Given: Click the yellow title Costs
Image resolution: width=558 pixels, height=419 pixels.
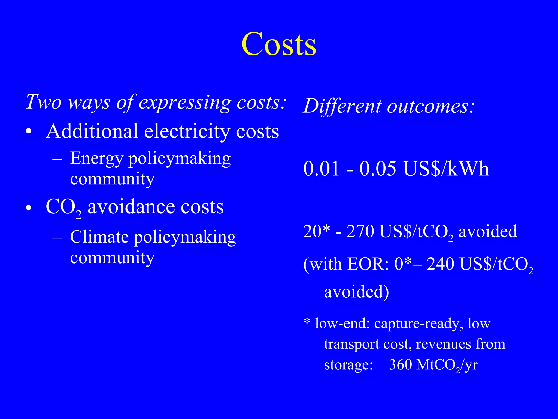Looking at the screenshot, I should [279, 44].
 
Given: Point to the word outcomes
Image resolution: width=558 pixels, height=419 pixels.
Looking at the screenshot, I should [430, 106].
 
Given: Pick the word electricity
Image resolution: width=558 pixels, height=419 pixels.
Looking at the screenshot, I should [187, 132].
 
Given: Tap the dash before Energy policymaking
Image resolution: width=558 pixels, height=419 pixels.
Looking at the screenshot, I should [57, 158].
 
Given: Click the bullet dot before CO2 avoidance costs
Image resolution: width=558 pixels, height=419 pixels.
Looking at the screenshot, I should [29, 208].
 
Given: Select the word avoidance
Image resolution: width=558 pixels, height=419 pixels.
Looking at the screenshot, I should [131, 207].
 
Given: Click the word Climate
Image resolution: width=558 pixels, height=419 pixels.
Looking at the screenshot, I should [99, 237].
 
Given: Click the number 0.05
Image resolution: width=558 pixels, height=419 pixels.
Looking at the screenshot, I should [378, 169].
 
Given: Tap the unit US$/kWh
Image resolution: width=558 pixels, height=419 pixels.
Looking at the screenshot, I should [446, 169].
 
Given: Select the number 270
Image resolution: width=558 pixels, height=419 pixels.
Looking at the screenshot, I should [360, 231].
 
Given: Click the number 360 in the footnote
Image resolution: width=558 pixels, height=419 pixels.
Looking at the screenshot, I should [400, 364].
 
